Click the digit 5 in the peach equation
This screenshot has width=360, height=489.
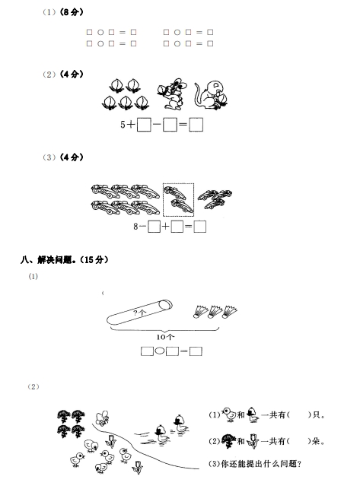(x=123, y=125)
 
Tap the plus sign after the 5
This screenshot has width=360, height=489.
(x=131, y=125)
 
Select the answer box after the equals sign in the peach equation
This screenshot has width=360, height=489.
(x=196, y=125)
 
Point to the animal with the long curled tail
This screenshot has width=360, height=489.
(x=211, y=95)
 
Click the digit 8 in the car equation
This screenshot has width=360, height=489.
(x=135, y=226)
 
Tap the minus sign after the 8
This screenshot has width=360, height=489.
(x=142, y=227)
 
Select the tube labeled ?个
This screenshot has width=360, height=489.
(x=139, y=313)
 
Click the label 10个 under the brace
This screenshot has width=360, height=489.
(x=165, y=337)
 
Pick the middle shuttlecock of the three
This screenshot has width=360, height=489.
(x=215, y=312)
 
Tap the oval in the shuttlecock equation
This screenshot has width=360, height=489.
(x=160, y=351)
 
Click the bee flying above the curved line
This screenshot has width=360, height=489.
(x=102, y=418)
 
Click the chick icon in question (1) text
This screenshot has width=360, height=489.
(x=229, y=414)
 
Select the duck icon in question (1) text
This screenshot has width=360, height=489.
(x=252, y=414)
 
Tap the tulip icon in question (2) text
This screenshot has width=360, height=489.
(x=252, y=441)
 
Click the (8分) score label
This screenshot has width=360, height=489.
(x=72, y=12)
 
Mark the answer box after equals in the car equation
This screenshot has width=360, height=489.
(x=200, y=227)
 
